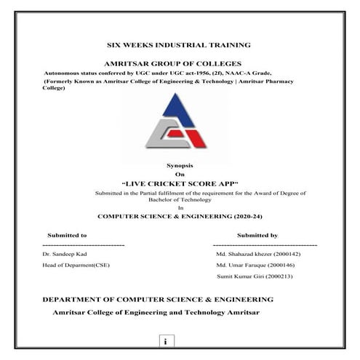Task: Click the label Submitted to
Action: (67, 236)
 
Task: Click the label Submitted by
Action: (257, 236)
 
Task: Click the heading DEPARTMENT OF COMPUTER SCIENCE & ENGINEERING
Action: (158, 299)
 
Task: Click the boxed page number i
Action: (166, 341)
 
